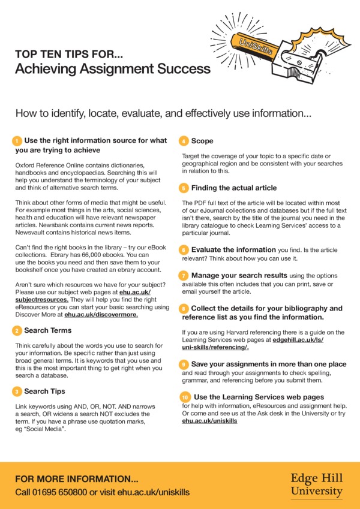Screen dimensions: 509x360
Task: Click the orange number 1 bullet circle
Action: click(x=17, y=141)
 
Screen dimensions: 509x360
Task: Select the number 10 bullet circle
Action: click(x=185, y=397)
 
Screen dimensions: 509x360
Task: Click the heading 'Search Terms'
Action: click(x=47, y=330)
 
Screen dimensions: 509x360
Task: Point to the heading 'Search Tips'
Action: click(x=44, y=391)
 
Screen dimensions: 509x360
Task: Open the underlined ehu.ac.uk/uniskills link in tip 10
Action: click(x=209, y=421)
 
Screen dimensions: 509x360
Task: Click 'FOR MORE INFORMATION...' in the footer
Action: click(x=77, y=479)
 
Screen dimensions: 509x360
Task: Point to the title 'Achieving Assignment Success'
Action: click(x=113, y=69)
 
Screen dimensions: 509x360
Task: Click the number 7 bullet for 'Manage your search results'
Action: click(x=185, y=275)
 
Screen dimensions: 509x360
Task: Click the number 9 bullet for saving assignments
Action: click(x=185, y=364)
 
